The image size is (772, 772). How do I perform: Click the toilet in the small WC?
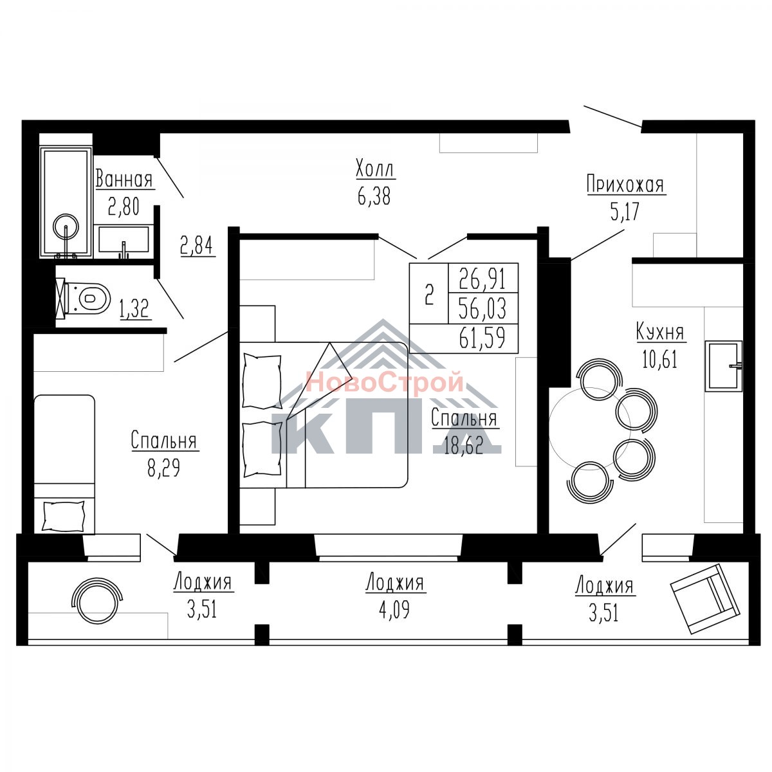click(x=84, y=298)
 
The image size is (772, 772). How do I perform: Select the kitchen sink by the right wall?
click(x=724, y=366)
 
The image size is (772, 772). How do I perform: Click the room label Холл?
click(x=375, y=169)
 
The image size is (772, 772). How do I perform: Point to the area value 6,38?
click(x=374, y=196)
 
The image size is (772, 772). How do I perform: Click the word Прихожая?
click(x=626, y=185)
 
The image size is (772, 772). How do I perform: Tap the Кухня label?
click(x=661, y=333)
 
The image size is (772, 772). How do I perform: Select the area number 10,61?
click(x=660, y=359)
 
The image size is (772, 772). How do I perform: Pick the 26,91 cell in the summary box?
click(x=482, y=279)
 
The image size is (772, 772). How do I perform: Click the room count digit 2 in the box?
click(x=429, y=294)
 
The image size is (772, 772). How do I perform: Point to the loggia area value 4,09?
click(x=394, y=609)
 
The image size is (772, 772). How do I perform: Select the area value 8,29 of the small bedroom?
click(x=163, y=468)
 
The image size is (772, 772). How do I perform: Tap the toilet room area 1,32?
click(x=135, y=309)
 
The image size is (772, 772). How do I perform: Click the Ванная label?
click(x=124, y=179)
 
